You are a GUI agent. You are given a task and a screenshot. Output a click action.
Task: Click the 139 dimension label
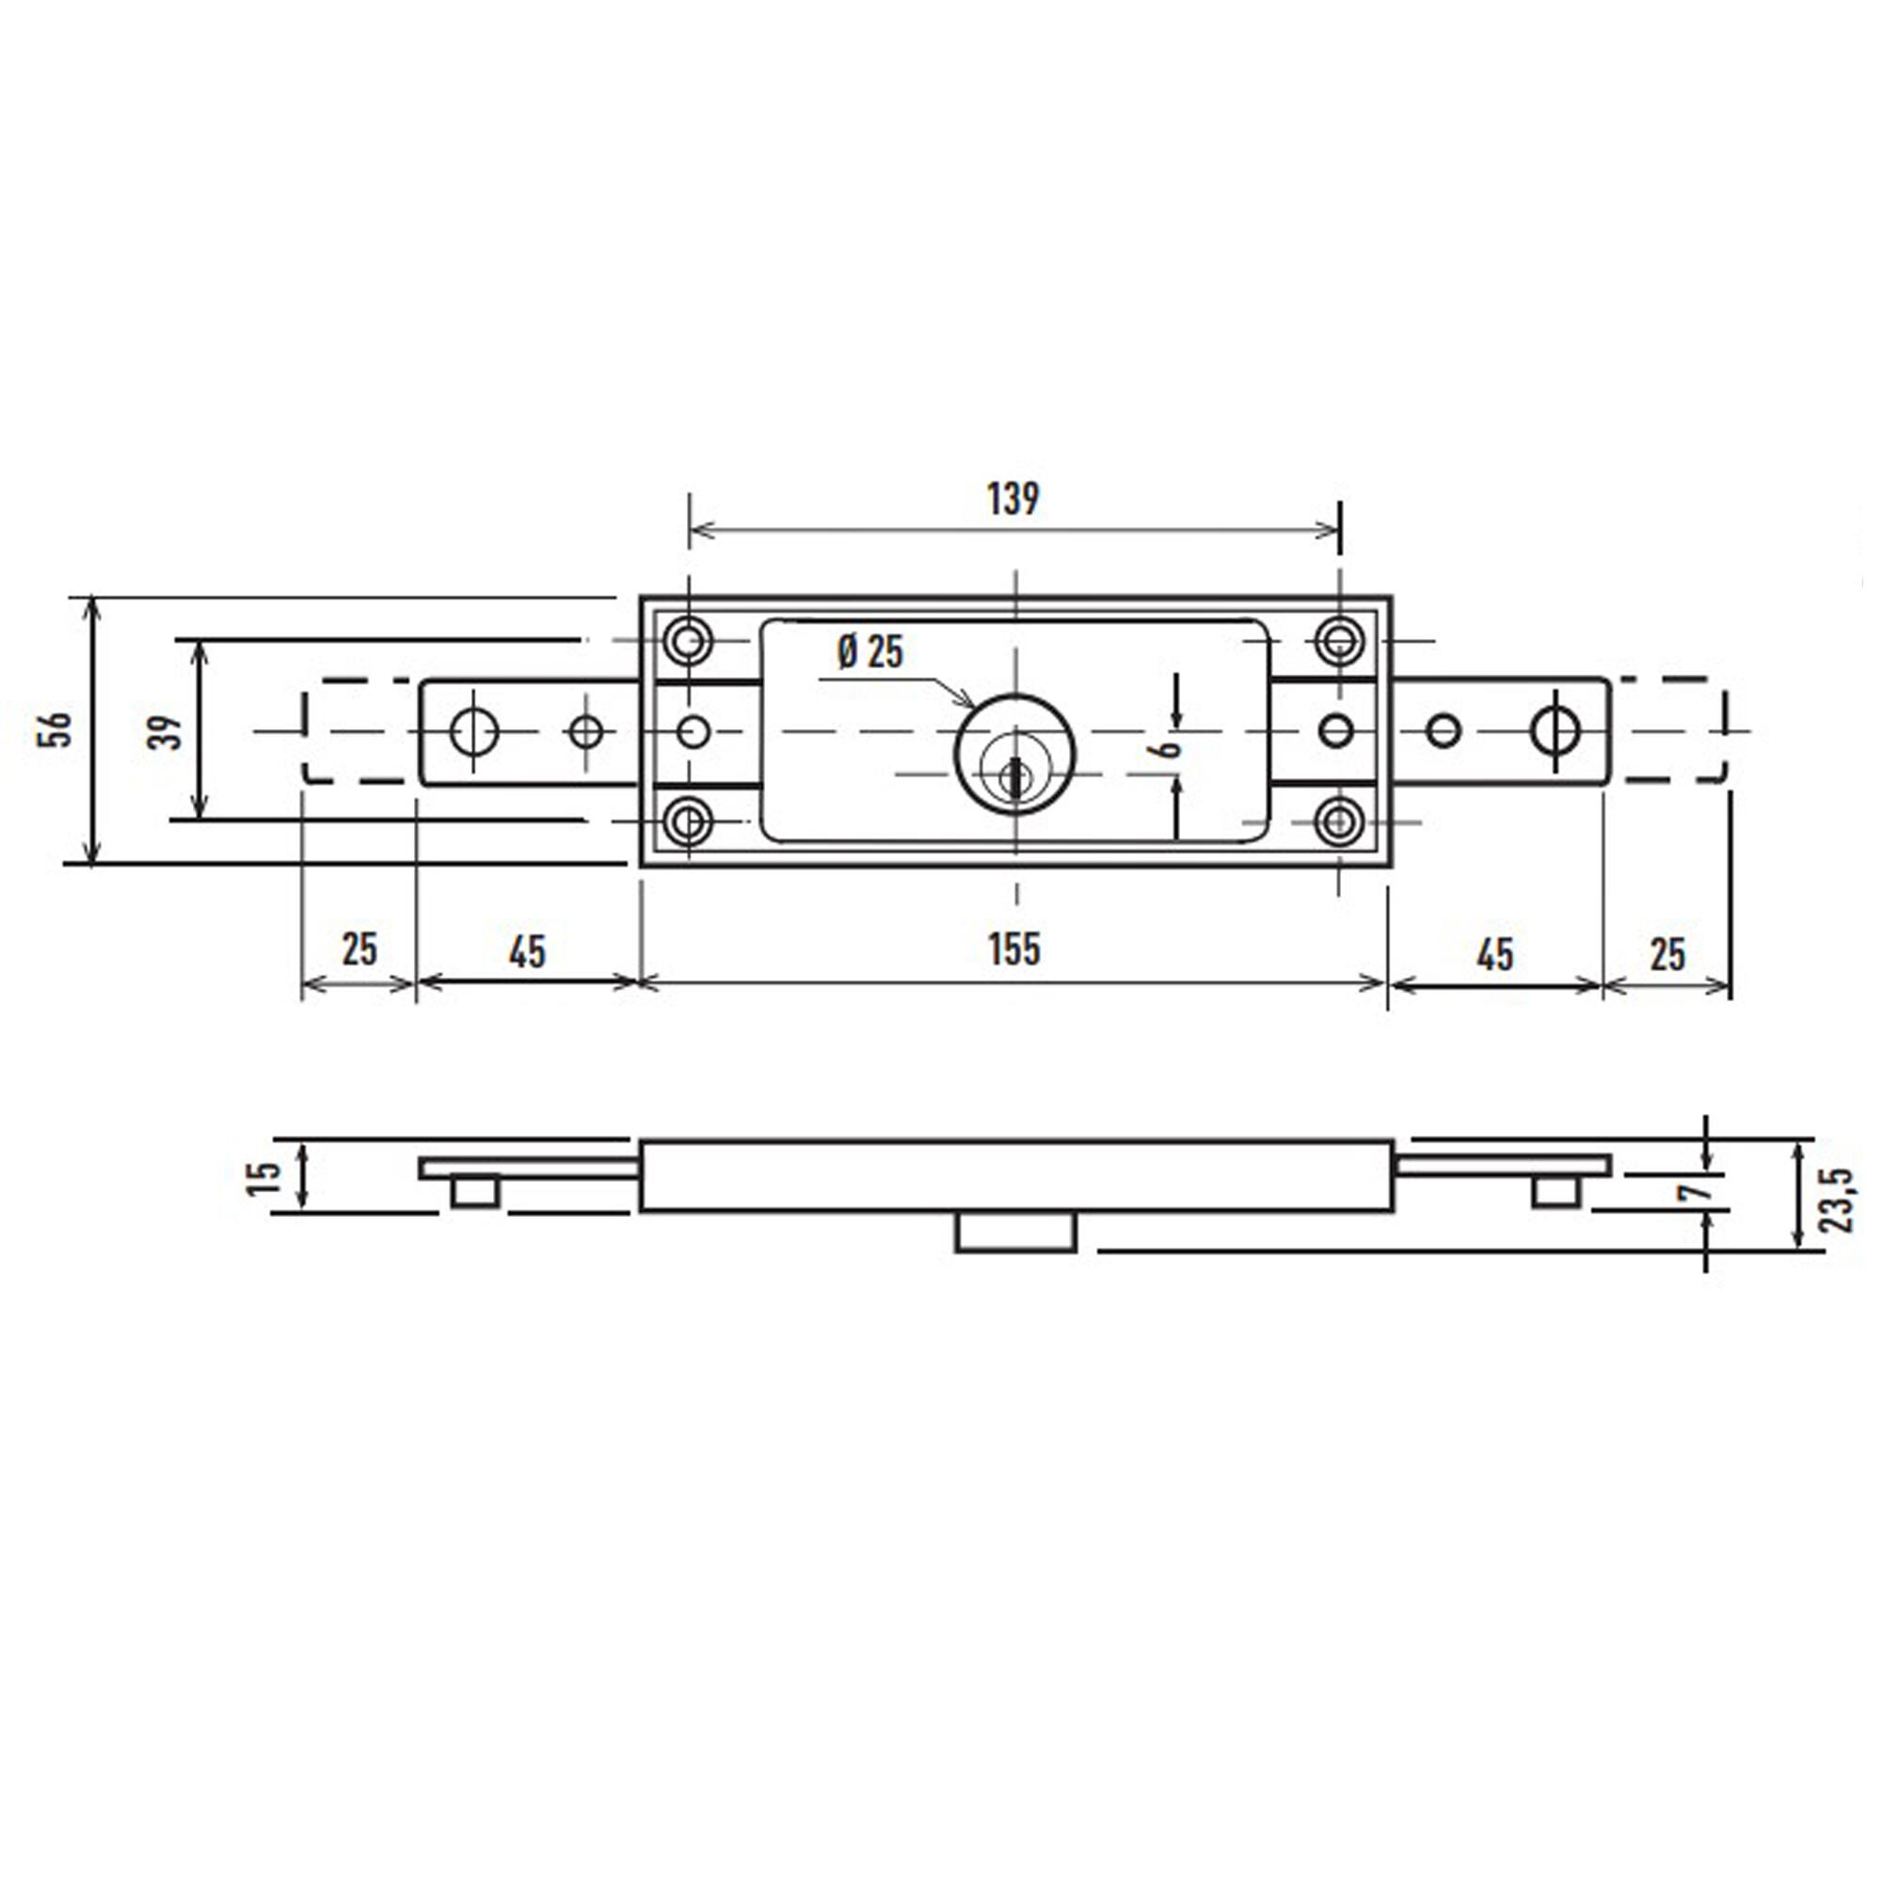pos(1013,499)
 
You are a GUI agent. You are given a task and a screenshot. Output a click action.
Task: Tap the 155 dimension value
pos(1013,949)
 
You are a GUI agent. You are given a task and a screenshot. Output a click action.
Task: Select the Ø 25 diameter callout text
pos(869,652)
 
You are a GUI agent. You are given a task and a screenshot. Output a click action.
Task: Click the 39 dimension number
pos(166,731)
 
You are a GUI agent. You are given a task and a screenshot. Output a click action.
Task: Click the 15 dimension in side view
pos(265,1178)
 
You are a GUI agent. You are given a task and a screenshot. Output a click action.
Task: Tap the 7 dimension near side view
pos(1696,1190)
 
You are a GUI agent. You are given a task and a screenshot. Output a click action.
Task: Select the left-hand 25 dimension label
pos(359,949)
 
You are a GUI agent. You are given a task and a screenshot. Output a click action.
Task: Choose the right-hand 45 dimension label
pos(1495,954)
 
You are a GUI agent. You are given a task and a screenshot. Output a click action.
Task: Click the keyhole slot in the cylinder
pos(1015,776)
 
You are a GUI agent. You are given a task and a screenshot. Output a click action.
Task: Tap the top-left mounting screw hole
pos(689,641)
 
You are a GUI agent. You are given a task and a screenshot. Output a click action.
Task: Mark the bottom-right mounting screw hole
pos(1339,821)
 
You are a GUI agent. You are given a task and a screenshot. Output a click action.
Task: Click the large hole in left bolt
pos(474,730)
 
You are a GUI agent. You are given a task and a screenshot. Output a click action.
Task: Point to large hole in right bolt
pos(1555,729)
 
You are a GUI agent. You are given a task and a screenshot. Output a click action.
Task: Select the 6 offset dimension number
pos(1165,748)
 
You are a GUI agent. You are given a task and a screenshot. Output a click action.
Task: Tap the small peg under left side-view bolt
pos(475,1191)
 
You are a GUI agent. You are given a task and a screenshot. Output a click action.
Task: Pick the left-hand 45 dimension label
pos(527,950)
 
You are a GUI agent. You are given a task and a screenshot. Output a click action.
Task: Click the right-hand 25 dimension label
pos(1667,954)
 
